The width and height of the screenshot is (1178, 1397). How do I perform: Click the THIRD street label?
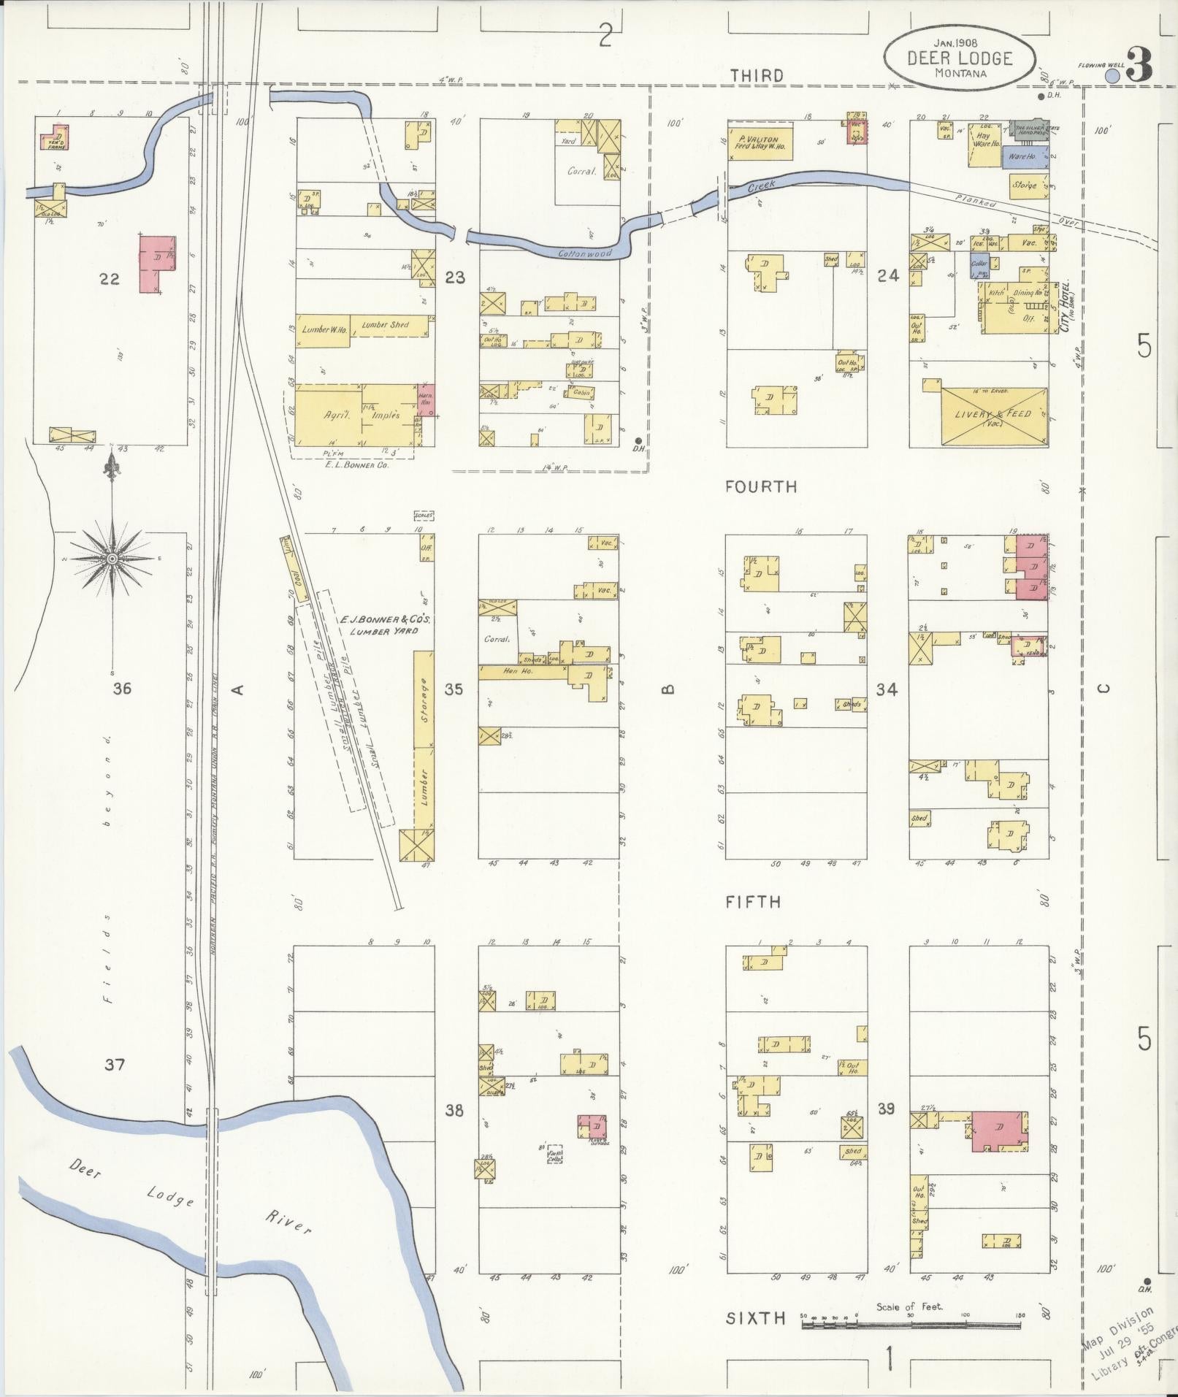[x=757, y=75]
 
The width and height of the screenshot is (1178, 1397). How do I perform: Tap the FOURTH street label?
[x=760, y=486]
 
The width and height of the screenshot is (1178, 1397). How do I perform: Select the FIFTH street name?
[x=753, y=902]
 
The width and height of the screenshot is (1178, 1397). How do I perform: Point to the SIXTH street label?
[x=756, y=1318]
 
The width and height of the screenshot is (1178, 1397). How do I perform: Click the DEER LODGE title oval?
[x=959, y=58]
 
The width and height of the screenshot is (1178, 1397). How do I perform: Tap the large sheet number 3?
[x=1139, y=66]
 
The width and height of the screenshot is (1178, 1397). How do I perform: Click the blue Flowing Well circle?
[x=1113, y=75]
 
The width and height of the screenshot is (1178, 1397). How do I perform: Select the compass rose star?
[x=112, y=559]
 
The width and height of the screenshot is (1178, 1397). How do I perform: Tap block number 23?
[x=455, y=278]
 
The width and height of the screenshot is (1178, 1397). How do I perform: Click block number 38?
[x=454, y=1110]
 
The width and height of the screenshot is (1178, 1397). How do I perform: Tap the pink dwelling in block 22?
[x=156, y=264]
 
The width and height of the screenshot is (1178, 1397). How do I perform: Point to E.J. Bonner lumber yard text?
[x=385, y=624]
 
